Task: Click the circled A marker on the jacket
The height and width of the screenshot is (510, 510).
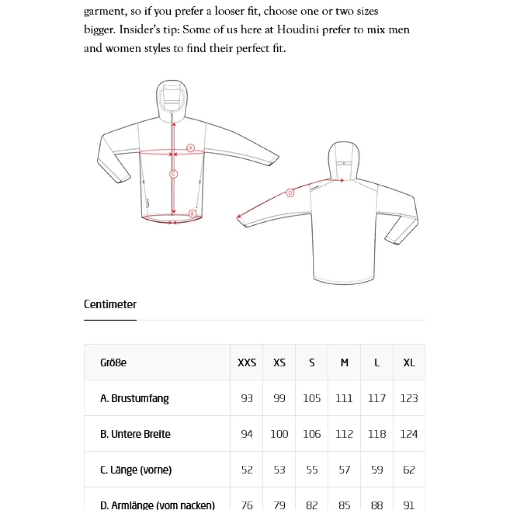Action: click(190, 148)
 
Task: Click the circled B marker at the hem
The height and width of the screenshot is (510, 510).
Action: click(192, 214)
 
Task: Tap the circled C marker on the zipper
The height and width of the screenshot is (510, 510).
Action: click(173, 174)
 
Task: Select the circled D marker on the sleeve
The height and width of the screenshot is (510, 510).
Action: click(290, 193)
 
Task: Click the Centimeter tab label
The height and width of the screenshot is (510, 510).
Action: click(110, 304)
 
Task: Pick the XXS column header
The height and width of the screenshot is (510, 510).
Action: click(247, 363)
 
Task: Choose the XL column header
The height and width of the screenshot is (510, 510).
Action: click(409, 363)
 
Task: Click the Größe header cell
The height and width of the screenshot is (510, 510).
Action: click(113, 363)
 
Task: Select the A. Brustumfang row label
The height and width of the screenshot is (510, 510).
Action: click(134, 399)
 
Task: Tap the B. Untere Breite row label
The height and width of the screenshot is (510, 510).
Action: click(135, 434)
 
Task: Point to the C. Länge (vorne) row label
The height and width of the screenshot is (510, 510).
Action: click(136, 470)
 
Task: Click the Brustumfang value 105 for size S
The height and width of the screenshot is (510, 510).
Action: click(312, 399)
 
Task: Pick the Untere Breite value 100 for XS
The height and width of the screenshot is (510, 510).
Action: click(279, 434)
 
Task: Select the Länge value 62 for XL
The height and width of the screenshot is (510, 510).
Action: click(409, 470)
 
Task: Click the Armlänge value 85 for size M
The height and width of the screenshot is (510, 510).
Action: click(345, 505)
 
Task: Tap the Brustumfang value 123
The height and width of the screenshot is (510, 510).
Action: click(409, 399)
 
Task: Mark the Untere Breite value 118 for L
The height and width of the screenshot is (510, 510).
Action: click(377, 434)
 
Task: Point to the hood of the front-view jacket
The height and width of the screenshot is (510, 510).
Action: click(172, 98)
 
